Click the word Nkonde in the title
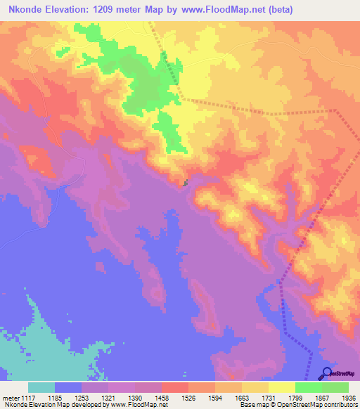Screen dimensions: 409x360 26,10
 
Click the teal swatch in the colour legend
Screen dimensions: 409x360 41,387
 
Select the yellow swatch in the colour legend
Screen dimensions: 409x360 281,387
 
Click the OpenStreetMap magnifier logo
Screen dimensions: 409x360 326,372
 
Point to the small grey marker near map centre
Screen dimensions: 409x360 186,183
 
